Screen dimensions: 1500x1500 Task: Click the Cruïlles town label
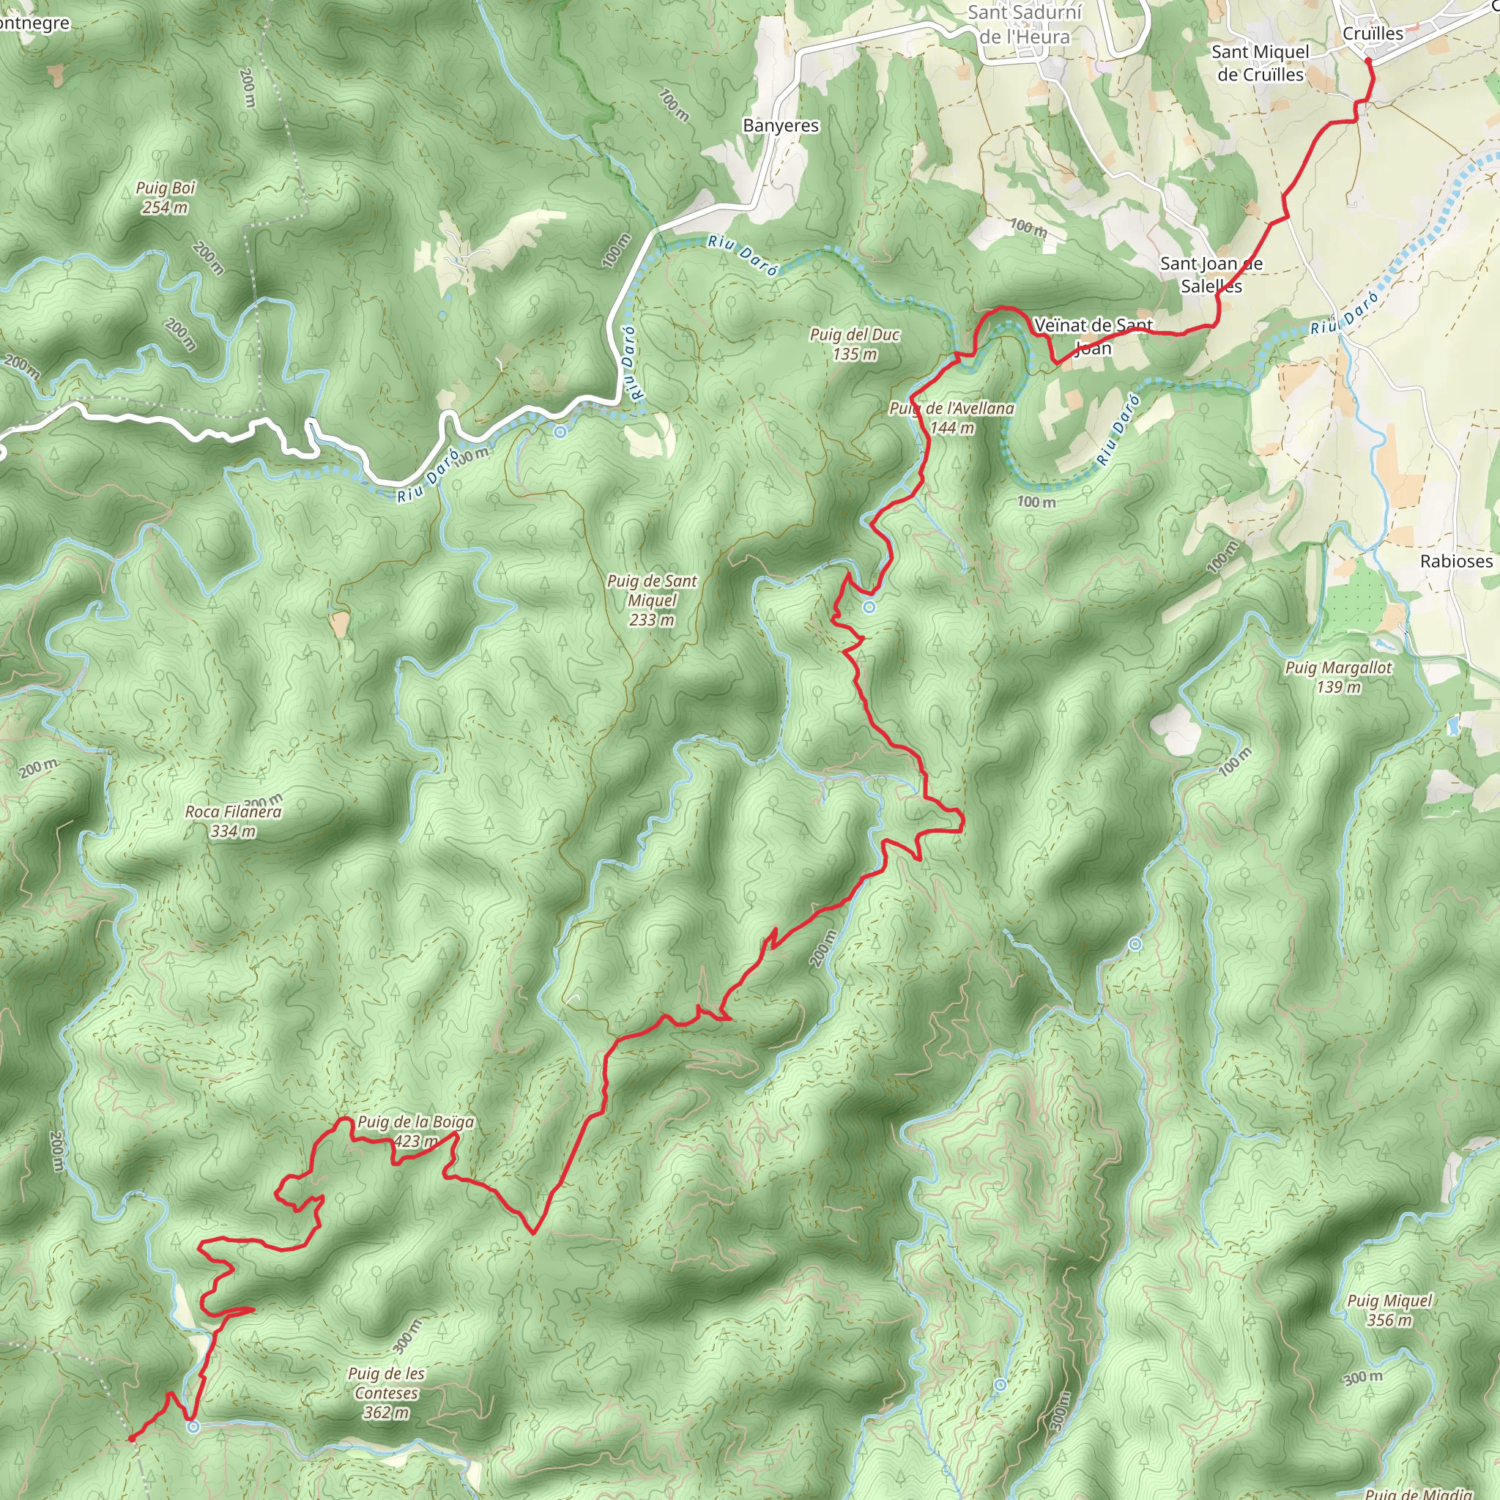[1373, 34]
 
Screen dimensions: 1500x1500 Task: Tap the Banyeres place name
[780, 126]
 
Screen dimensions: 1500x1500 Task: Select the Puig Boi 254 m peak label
[166, 197]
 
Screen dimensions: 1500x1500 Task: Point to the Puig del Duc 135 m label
[855, 344]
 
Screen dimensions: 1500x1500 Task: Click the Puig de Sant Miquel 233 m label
[652, 600]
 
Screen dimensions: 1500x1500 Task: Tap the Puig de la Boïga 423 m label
[415, 1131]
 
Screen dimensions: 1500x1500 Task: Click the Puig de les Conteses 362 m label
[386, 1393]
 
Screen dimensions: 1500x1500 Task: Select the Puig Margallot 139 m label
[1339, 677]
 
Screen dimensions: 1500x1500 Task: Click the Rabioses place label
[1456, 561]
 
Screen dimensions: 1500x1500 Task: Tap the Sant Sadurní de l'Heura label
[1024, 25]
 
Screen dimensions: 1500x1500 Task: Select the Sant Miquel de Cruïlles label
[1260, 63]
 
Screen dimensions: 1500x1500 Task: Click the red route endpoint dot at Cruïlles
[1368, 61]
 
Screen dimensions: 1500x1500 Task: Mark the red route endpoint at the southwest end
[132, 1438]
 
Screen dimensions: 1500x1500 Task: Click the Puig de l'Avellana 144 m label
[952, 417]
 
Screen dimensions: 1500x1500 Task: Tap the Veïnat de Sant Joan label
[1094, 336]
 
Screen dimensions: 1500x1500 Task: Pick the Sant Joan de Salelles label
[1211, 275]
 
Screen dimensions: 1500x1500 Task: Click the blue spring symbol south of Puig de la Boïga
[193, 1426]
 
